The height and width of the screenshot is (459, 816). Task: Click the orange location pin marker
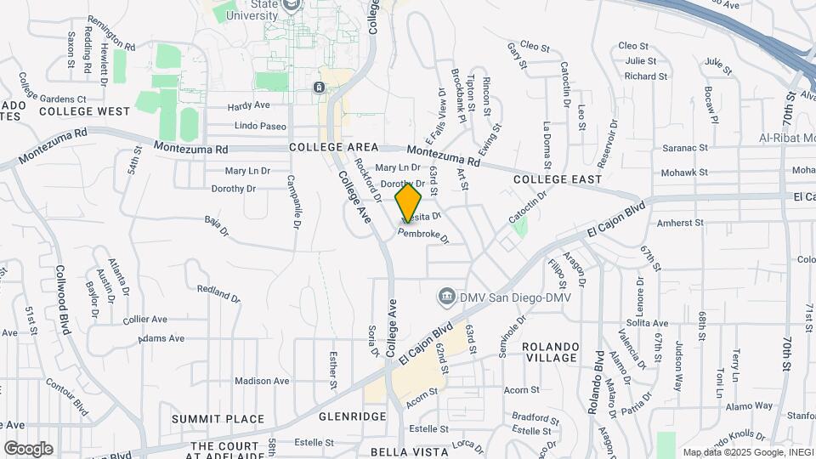[409, 202]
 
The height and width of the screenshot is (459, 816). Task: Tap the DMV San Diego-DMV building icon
[445, 297]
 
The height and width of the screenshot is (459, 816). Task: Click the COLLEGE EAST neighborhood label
[557, 179]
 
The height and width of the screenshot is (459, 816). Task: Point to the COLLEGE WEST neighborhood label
[84, 111]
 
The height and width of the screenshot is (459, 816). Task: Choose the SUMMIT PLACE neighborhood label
[218, 419]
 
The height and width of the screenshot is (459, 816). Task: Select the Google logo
[28, 449]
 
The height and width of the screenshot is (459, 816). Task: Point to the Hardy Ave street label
[248, 106]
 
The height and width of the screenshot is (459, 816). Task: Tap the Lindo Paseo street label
[260, 126]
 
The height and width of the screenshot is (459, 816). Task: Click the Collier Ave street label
[144, 320]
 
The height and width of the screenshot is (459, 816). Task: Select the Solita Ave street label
[647, 323]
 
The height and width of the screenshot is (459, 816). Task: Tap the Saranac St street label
[687, 147]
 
